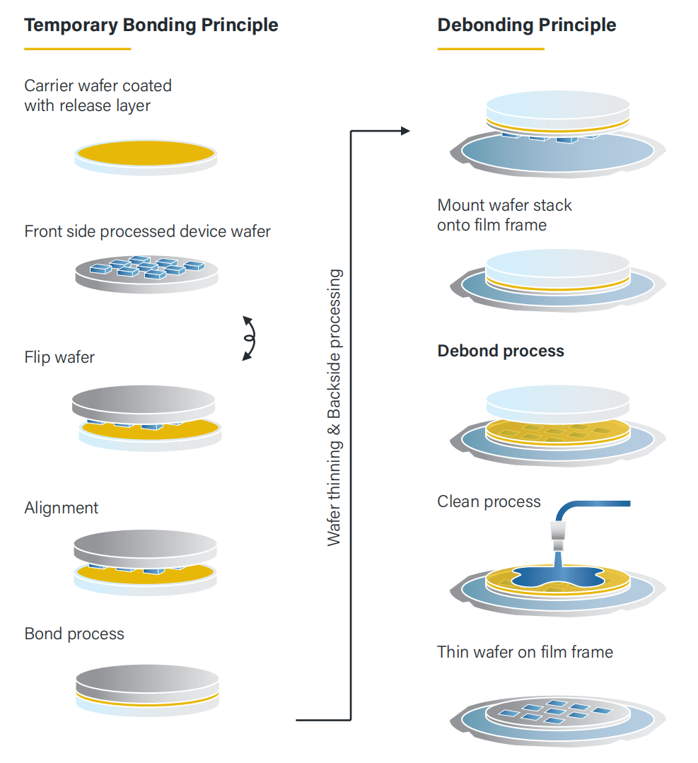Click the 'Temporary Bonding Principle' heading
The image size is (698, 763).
(x=151, y=25)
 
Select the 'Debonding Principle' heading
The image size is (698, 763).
(x=526, y=25)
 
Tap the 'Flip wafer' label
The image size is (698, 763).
(x=59, y=357)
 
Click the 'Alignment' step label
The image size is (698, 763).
(x=62, y=508)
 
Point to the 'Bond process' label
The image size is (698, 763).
(x=74, y=634)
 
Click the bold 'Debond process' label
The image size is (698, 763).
(x=501, y=351)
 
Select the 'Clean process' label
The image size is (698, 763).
(x=489, y=502)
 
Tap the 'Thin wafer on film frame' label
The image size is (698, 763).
(x=525, y=651)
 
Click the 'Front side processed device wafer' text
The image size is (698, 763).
(x=147, y=231)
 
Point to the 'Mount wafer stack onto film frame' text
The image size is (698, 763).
(x=504, y=215)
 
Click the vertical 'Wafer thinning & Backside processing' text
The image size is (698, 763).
(x=335, y=407)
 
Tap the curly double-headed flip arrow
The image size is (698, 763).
(x=249, y=338)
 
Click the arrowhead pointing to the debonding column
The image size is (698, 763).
(x=405, y=131)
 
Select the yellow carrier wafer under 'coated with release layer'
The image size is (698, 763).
(x=146, y=154)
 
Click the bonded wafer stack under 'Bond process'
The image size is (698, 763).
(x=146, y=687)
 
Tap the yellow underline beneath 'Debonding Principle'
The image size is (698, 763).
(x=491, y=49)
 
